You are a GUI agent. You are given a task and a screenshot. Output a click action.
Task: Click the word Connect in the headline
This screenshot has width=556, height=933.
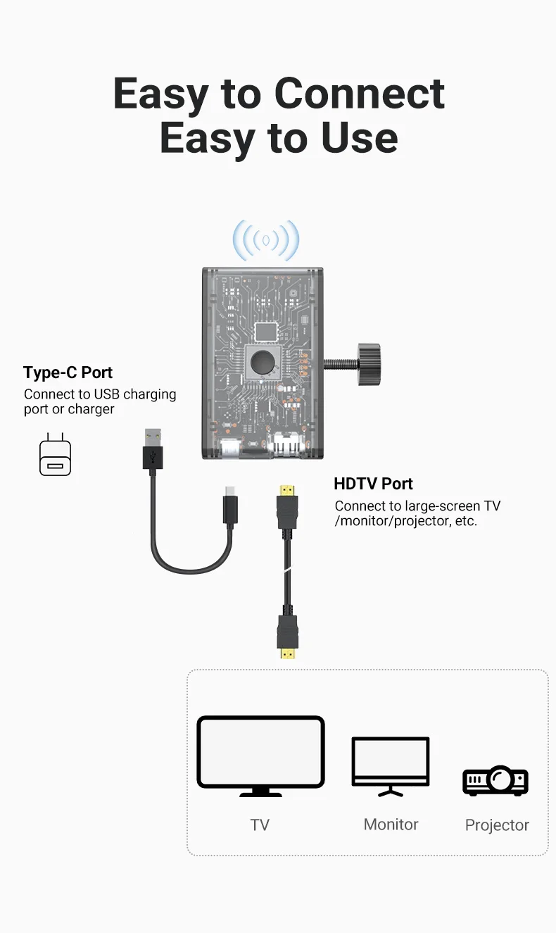pyautogui.click(x=359, y=93)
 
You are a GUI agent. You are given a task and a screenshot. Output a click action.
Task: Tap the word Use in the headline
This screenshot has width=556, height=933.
pyautogui.click(x=360, y=137)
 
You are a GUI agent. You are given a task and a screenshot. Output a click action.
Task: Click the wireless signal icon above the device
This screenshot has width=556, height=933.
pyautogui.click(x=266, y=240)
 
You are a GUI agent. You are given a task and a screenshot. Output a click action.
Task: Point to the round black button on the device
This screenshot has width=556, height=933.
pyautogui.click(x=263, y=363)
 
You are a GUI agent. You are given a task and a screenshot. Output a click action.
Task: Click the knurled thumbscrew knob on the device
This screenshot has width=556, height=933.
pyautogui.click(x=368, y=364)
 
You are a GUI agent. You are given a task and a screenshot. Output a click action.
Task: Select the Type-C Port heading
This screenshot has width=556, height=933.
pyautogui.click(x=68, y=372)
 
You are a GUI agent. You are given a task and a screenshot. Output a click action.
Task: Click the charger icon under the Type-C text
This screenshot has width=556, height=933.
pyautogui.click(x=55, y=455)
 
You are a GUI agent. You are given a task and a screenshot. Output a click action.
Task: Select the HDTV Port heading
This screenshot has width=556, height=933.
pyautogui.click(x=373, y=484)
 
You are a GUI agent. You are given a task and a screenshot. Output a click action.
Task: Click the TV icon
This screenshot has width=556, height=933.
pyautogui.click(x=260, y=755)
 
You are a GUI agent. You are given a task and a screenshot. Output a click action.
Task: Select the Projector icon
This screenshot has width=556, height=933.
pyautogui.click(x=495, y=780)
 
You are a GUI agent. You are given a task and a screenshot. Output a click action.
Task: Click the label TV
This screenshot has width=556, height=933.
pyautogui.click(x=260, y=825)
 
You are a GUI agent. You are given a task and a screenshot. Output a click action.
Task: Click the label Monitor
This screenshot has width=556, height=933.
pyautogui.click(x=391, y=825)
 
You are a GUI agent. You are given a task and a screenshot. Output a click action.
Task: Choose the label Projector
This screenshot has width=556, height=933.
pyautogui.click(x=497, y=825)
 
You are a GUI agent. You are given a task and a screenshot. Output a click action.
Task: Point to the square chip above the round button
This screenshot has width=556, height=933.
pyautogui.click(x=265, y=331)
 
